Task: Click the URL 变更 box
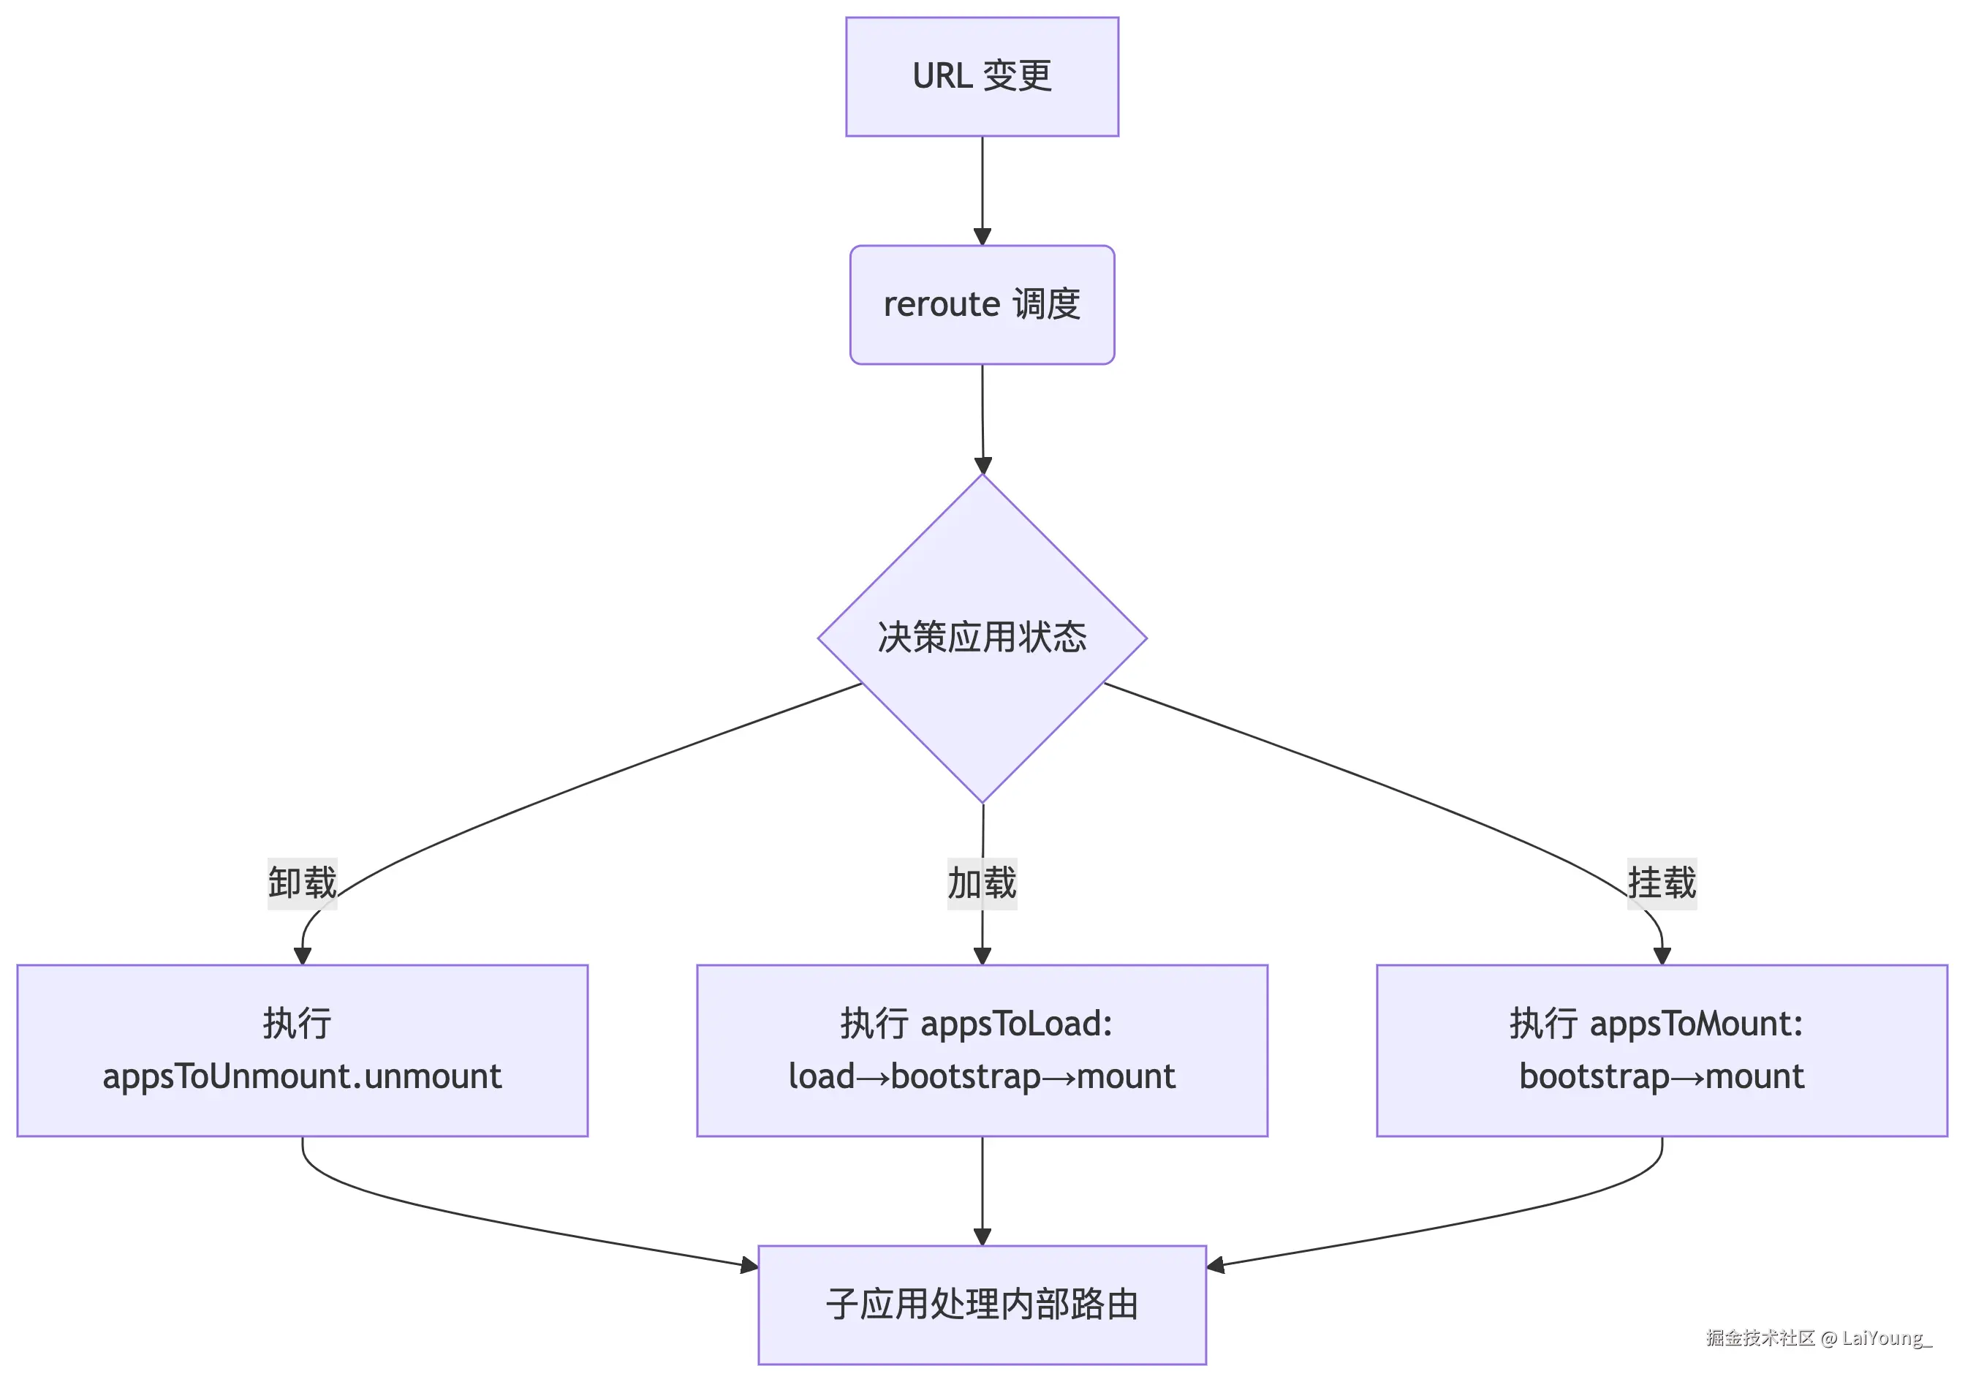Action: point(982,76)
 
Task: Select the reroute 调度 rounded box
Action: point(982,305)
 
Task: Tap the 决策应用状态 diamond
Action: point(982,638)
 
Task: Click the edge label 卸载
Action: point(302,883)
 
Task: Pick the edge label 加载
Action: point(982,883)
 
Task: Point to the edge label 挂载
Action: point(1661,883)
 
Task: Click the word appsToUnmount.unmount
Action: point(302,1076)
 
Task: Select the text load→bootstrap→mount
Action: point(982,1076)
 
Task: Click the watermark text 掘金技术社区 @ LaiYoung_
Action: point(1819,1337)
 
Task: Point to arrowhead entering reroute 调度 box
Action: point(982,237)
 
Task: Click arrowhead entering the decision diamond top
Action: point(983,465)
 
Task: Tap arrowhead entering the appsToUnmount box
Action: point(302,956)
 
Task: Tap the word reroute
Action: point(942,305)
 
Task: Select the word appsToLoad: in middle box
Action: point(1017,1024)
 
